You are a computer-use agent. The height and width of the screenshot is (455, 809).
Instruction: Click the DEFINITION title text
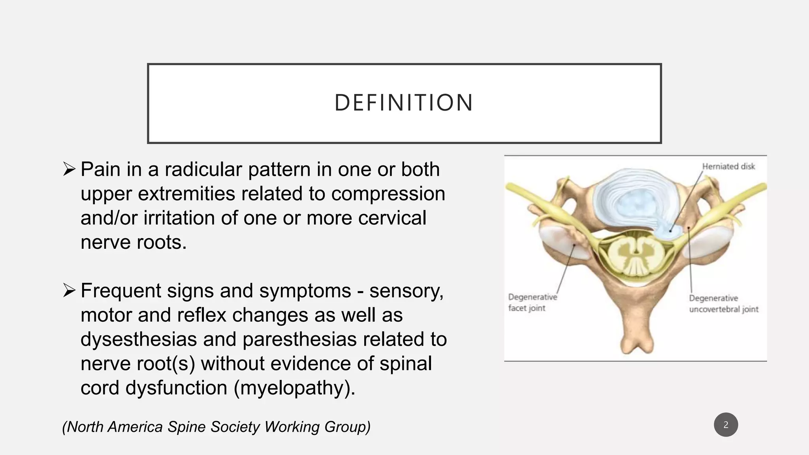pos(404,103)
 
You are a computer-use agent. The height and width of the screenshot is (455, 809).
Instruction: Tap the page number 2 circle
pos(726,425)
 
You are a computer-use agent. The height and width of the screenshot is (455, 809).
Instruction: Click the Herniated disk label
pos(728,167)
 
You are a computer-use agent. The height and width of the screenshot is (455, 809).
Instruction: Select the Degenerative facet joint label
pos(532,303)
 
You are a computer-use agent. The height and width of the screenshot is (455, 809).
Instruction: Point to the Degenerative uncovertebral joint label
pos(723,304)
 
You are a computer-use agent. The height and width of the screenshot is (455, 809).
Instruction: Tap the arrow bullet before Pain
pos(69,170)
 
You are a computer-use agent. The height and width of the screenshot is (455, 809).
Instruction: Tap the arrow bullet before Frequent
pos(69,291)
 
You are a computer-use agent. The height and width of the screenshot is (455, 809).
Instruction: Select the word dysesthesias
pos(138,339)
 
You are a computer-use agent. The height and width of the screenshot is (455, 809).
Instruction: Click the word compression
pos(388,194)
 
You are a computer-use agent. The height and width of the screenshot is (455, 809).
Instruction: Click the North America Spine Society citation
pos(216,427)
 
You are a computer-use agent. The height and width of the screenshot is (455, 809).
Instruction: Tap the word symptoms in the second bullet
pos(305,291)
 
